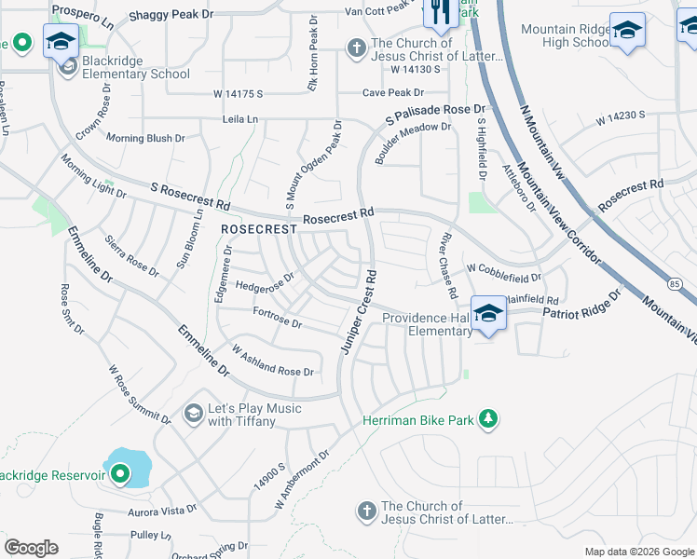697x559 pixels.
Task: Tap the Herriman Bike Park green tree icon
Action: point(487,420)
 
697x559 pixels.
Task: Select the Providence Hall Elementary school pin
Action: point(487,313)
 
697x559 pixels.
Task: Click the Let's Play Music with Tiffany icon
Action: point(194,413)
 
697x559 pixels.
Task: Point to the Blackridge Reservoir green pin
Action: point(120,476)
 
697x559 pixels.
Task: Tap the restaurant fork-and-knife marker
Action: point(440,11)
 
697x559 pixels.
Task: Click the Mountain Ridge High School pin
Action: point(627,31)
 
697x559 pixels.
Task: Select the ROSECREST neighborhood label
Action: point(258,228)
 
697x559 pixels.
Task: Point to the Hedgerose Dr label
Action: point(265,281)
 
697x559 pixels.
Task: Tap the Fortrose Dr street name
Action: point(277,319)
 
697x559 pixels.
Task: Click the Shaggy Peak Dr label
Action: point(171,15)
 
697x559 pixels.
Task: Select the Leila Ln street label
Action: point(239,119)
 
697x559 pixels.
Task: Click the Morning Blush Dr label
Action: point(145,138)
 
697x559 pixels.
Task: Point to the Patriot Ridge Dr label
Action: point(581,307)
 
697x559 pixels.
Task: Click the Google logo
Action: point(31,548)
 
